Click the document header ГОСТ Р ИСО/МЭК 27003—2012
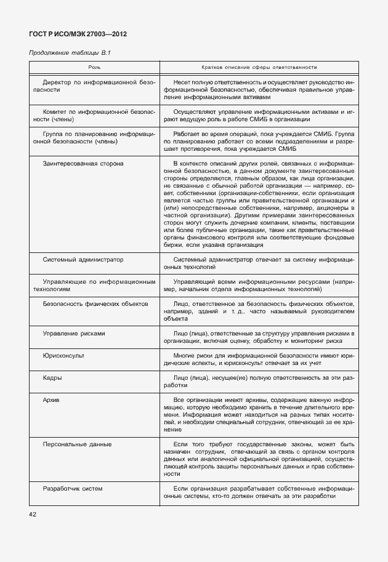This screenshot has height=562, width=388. (x=79, y=34)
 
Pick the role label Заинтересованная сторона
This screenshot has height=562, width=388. (x=83, y=164)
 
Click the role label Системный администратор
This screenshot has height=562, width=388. (x=83, y=260)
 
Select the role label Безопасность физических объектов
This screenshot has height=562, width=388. (x=95, y=304)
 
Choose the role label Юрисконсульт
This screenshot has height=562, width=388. (x=64, y=356)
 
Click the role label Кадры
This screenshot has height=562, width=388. (x=52, y=378)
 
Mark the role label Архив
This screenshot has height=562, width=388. (x=52, y=400)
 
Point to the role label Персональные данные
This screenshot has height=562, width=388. (x=77, y=444)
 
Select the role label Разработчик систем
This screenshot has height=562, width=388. (x=73, y=489)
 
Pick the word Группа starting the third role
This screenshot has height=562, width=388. (x=54, y=134)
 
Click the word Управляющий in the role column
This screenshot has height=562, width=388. (x=65, y=282)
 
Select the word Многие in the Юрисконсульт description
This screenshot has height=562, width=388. (x=185, y=356)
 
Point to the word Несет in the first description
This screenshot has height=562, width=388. (x=183, y=82)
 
